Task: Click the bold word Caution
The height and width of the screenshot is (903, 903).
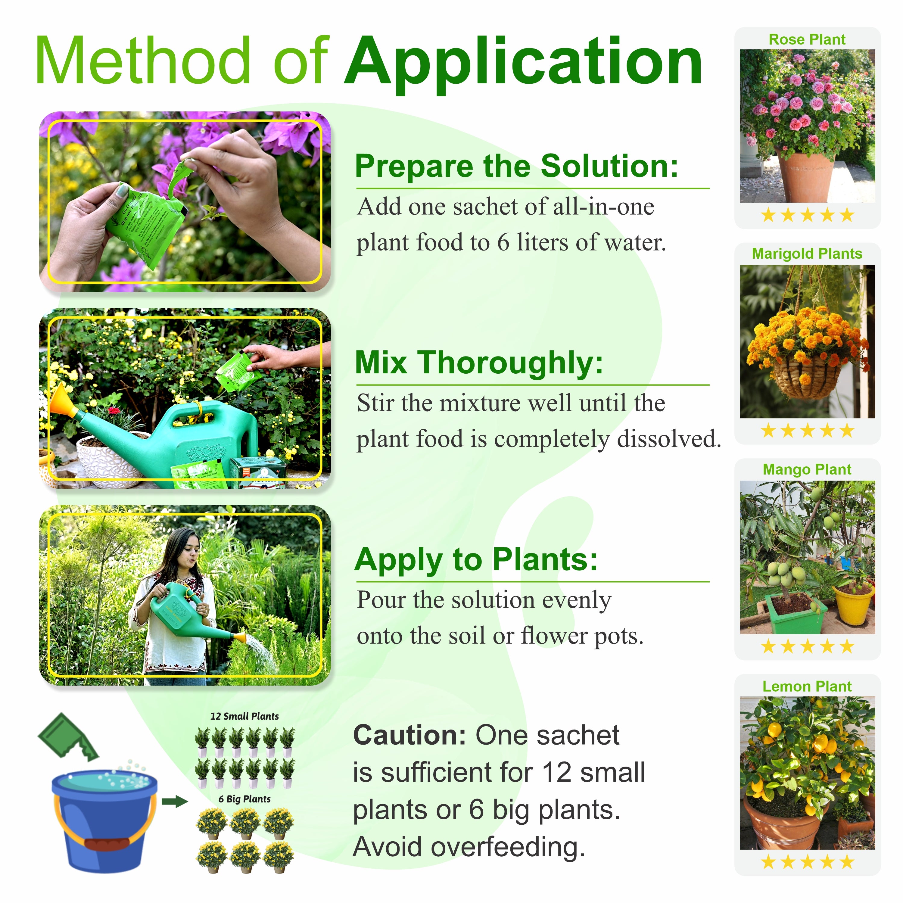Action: (x=409, y=735)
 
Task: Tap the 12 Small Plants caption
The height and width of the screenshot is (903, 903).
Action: (x=244, y=716)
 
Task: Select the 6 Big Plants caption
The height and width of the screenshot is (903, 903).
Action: (x=244, y=799)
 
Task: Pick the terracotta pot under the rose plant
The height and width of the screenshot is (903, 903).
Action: (x=805, y=178)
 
